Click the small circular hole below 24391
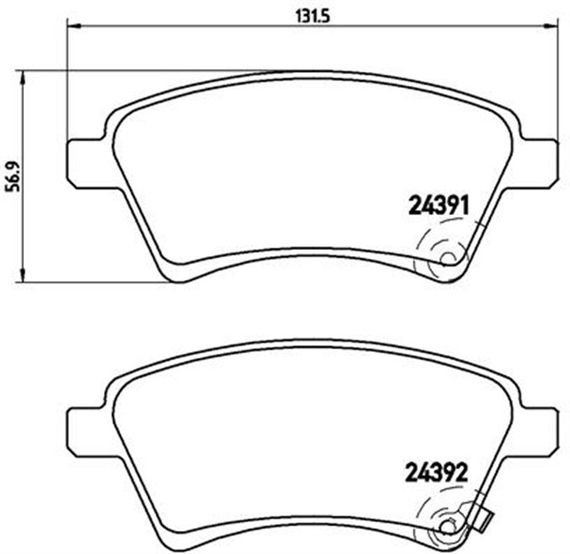pyautogui.click(x=448, y=261)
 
